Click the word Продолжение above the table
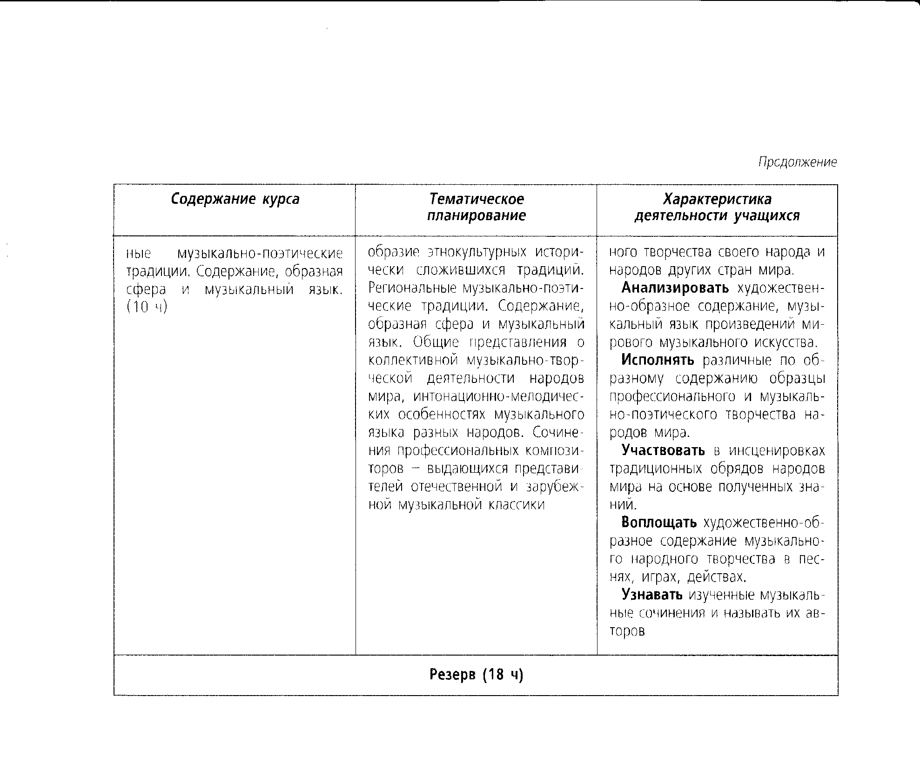(x=797, y=162)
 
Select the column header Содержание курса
(x=235, y=199)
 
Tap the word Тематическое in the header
(x=476, y=199)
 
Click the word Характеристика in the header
(x=717, y=199)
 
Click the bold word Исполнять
(x=658, y=360)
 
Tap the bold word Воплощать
(x=659, y=522)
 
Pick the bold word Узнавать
(x=652, y=595)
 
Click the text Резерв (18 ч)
(x=476, y=675)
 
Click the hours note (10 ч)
(x=147, y=308)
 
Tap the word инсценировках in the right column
(x=776, y=450)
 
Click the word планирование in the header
(x=476, y=216)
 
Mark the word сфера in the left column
(x=146, y=289)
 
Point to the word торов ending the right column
(x=627, y=631)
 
